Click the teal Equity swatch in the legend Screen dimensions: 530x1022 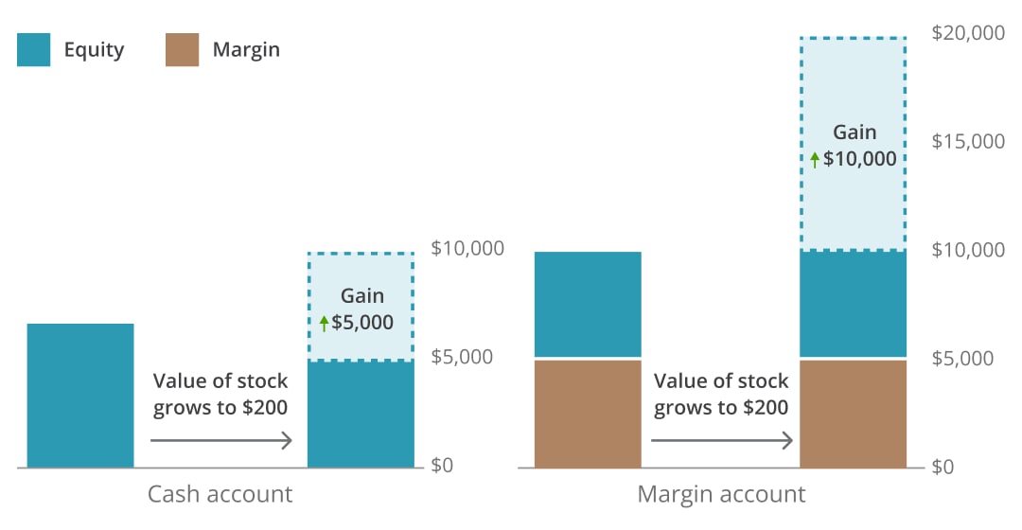(33, 49)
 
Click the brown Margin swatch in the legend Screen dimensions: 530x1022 (182, 49)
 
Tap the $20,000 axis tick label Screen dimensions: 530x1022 (968, 33)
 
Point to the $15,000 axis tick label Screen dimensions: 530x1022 (968, 142)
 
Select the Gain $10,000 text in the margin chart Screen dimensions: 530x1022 (854, 146)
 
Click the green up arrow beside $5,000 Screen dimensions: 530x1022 (324, 324)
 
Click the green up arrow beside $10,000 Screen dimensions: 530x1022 (815, 160)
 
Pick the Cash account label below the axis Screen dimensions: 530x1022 (220, 494)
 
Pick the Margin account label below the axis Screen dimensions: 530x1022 (721, 494)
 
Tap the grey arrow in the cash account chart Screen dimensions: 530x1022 (221, 440)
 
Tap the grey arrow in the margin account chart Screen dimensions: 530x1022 (722, 440)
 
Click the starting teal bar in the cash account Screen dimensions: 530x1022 (80, 396)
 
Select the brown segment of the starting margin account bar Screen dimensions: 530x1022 (588, 414)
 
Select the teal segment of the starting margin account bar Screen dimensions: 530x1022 (588, 304)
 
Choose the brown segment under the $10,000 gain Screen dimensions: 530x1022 (854, 414)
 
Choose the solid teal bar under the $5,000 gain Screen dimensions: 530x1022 (361, 414)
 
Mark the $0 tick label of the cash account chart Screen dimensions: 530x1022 (444, 466)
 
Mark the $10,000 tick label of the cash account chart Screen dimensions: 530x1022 (467, 249)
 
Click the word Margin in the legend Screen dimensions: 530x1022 (246, 49)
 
